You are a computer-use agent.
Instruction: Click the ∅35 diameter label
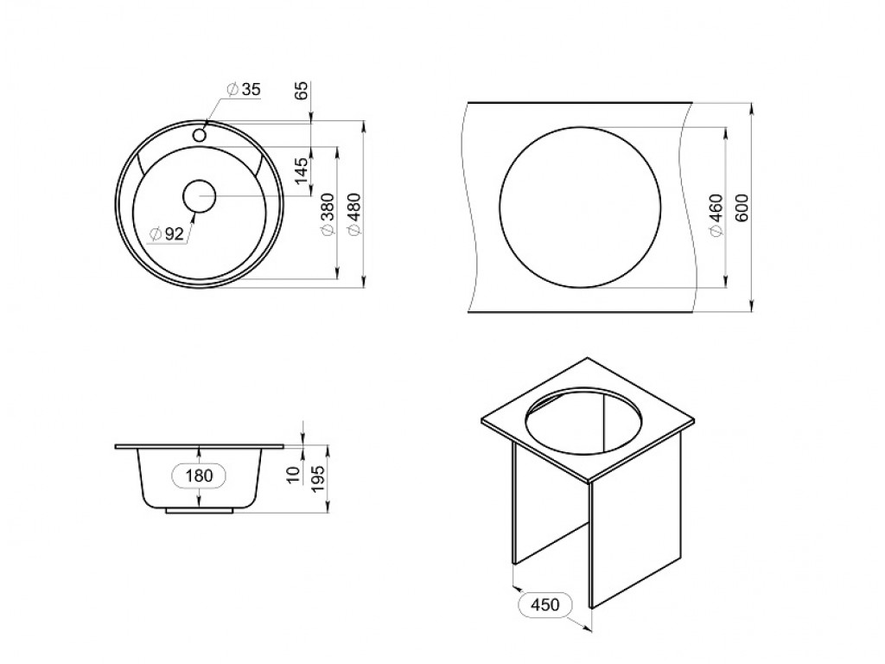pyautogui.click(x=244, y=89)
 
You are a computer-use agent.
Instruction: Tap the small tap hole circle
pyautogui.click(x=200, y=134)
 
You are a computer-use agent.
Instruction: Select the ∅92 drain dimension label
pyautogui.click(x=167, y=233)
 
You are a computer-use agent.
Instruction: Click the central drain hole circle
pyautogui.click(x=200, y=196)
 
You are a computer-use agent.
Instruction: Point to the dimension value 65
pyautogui.click(x=302, y=90)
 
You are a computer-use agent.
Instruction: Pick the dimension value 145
pyautogui.click(x=302, y=169)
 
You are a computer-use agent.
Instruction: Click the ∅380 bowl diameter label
pyautogui.click(x=328, y=214)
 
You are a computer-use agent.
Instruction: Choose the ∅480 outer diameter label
pyautogui.click(x=353, y=214)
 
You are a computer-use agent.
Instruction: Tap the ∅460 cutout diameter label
pyautogui.click(x=716, y=215)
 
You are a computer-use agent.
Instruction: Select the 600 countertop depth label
pyautogui.click(x=742, y=207)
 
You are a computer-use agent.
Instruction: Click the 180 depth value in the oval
pyautogui.click(x=199, y=476)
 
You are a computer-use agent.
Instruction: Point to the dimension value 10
pyautogui.click(x=293, y=475)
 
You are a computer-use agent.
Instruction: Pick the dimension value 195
pyautogui.click(x=319, y=478)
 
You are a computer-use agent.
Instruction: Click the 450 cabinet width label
pyautogui.click(x=545, y=604)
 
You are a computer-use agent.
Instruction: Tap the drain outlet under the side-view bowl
pyautogui.click(x=200, y=510)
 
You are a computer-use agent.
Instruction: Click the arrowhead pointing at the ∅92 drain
pyautogui.click(x=194, y=217)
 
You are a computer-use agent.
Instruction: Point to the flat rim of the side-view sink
pyautogui.click(x=200, y=447)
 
